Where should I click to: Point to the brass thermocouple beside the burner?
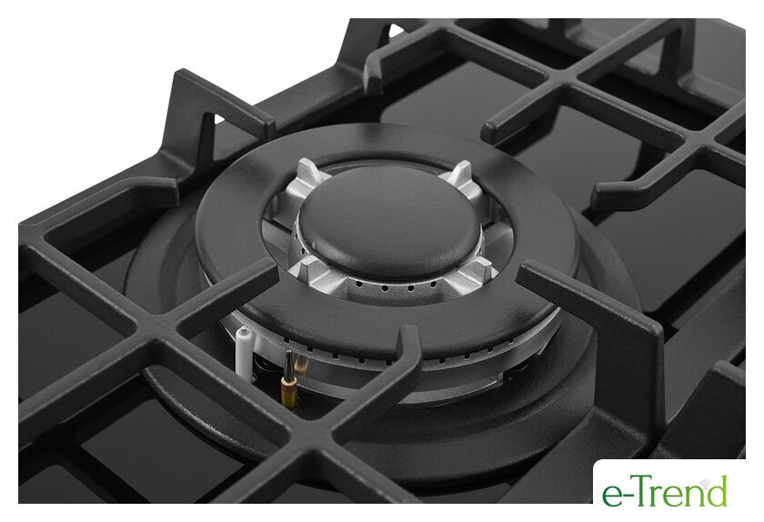pos(289,377)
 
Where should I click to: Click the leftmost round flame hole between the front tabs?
pos(359,283)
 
